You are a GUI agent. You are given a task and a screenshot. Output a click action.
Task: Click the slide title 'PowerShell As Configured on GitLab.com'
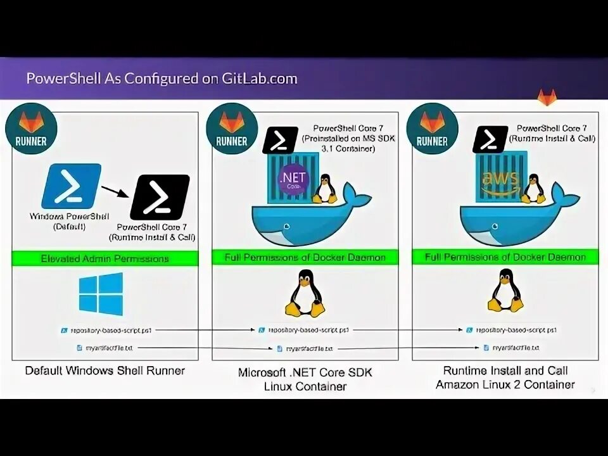(161, 79)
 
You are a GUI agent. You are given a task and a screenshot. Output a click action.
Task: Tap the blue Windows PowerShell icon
(71, 186)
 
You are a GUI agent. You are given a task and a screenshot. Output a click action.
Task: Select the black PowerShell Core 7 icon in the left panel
(160, 196)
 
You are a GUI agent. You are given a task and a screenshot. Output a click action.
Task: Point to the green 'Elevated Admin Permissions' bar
(105, 258)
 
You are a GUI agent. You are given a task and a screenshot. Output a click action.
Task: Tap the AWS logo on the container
(500, 180)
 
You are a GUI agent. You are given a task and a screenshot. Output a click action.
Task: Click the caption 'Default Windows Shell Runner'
(104, 370)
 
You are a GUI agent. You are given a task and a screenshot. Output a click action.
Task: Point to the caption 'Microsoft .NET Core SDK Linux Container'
(305, 379)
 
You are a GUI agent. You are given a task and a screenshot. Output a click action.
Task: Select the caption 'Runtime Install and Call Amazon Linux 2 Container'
(505, 377)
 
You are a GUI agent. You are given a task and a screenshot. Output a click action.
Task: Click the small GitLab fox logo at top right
(547, 97)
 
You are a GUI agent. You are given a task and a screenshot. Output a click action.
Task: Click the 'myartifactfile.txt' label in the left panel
(105, 348)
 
